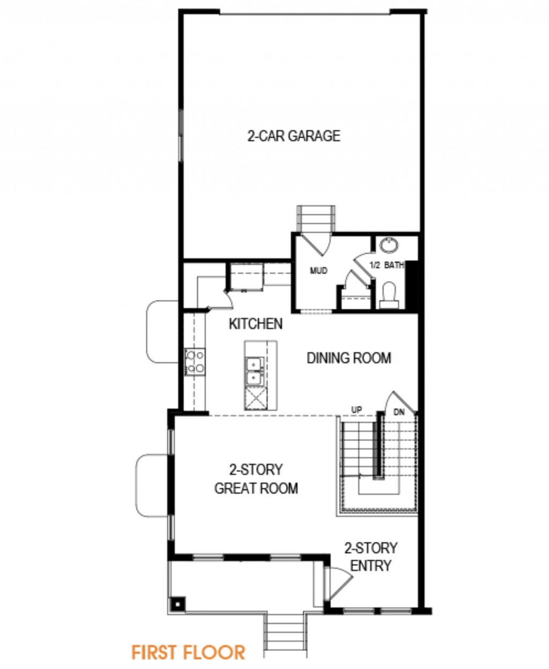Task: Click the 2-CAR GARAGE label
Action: tap(294, 136)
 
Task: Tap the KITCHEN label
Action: tap(256, 324)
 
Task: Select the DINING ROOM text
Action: tap(349, 358)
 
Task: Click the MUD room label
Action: tap(318, 271)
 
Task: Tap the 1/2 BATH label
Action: tap(387, 265)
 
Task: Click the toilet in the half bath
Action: tap(389, 295)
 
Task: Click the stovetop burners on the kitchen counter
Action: tap(195, 362)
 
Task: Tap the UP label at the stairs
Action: tap(357, 410)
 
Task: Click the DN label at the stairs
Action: tap(399, 412)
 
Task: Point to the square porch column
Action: tap(177, 604)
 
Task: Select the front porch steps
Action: tap(285, 634)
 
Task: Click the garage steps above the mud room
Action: tap(316, 219)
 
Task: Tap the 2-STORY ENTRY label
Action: tap(370, 557)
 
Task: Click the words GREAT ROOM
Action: tap(256, 488)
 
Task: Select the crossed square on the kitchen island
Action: tap(255, 399)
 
